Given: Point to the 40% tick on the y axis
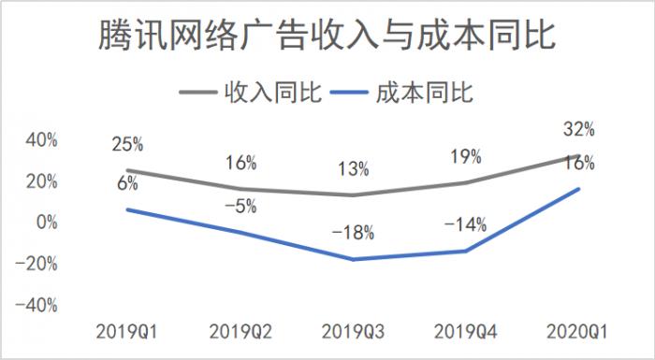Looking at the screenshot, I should pos(41,139).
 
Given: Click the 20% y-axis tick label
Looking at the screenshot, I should pos(41,181).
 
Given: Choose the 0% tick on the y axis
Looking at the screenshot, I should pos(46,223).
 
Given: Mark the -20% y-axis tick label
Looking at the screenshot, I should pos(38,264).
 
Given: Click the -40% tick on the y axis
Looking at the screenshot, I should pos(38,305).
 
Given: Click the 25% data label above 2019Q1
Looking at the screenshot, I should pos(127,144).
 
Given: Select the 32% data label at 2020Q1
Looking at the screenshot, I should pos(579,129).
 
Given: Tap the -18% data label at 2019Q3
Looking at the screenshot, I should pos(353,231).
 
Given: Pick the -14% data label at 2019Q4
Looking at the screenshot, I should pos(465,224).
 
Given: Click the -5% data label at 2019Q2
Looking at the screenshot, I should pos(240,207).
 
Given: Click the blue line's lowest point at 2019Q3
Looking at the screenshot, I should pos(353,259).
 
